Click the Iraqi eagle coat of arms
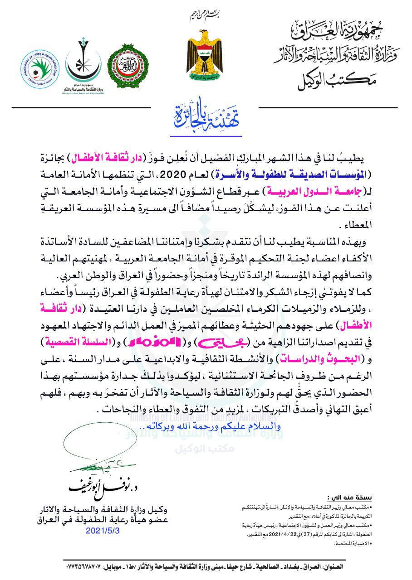point(204,56)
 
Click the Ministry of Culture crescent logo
point(83,63)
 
